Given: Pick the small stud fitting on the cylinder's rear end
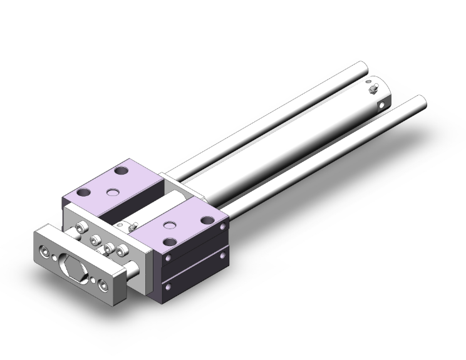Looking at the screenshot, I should (374, 92).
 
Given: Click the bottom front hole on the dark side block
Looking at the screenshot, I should (167, 285).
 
